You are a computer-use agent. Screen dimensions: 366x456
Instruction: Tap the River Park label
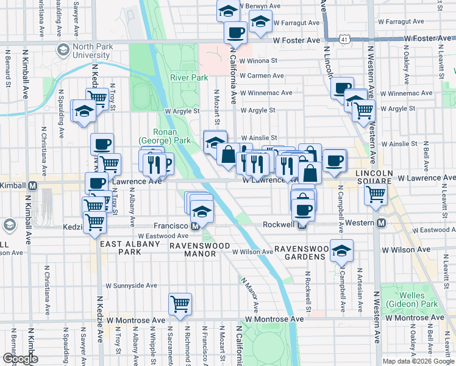pos(189,77)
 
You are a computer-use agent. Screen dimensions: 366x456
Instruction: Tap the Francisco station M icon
pos(195,226)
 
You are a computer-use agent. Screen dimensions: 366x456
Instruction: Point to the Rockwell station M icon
pos(302,224)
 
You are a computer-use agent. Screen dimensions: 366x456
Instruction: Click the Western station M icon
pos(380,223)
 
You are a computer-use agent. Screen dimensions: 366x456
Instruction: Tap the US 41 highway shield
pos(346,38)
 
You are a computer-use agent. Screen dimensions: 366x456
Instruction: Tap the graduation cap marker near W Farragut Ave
pos(260,23)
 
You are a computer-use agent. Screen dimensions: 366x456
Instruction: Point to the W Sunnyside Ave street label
pos(131,285)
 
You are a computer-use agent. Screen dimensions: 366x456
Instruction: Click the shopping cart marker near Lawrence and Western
pos(376,194)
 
